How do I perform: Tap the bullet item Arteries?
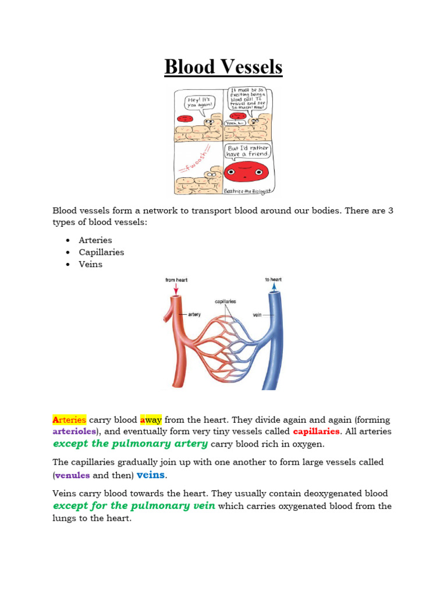coord(95,240)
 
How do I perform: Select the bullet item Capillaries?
coord(101,252)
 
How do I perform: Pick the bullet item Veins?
coord(90,264)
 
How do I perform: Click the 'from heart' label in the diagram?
coord(176,280)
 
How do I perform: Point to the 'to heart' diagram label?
coord(273,279)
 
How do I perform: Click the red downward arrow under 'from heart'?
coord(175,289)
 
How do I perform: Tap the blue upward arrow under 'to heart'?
coord(274,288)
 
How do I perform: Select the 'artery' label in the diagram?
coord(194,314)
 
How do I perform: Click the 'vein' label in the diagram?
coord(257,314)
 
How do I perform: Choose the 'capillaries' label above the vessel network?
coord(225,301)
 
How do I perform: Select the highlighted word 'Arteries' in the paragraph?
coord(69,420)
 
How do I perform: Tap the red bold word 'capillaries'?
coord(316,432)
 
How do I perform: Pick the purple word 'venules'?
coord(72,475)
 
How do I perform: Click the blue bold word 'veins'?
coord(150,475)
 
